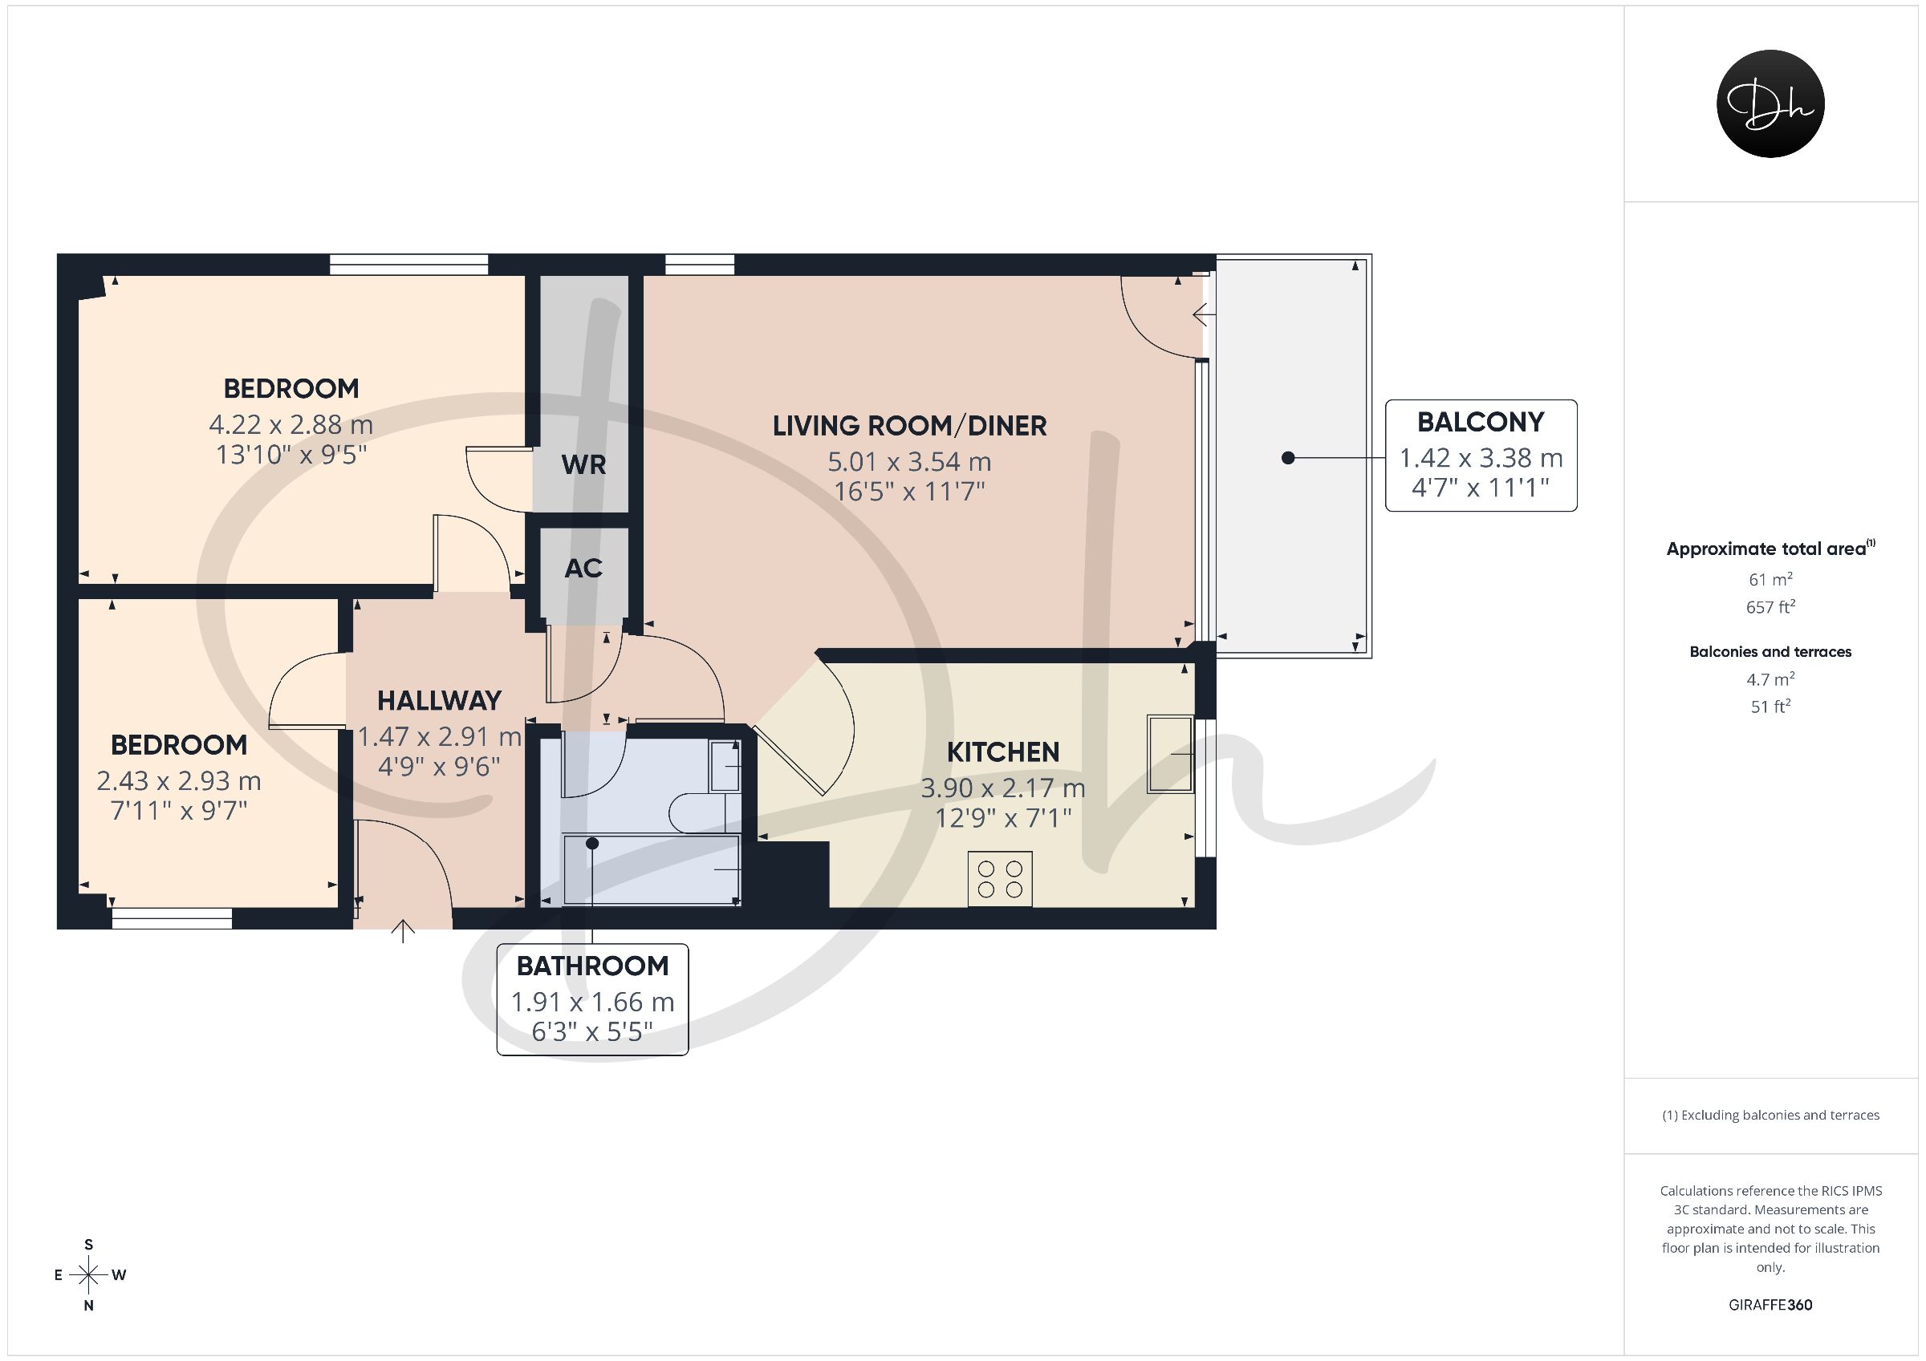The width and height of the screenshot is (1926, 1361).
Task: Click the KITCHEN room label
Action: [x=1002, y=752]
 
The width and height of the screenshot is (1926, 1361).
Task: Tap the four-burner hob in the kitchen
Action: [x=1000, y=879]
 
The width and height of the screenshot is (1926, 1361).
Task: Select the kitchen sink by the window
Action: [x=1170, y=754]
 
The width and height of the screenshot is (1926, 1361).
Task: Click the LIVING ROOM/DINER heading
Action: [x=909, y=426]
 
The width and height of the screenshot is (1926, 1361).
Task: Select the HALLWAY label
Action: [x=439, y=700]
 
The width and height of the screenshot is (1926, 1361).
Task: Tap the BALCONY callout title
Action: [x=1481, y=422]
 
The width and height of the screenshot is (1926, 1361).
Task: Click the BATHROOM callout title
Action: [x=592, y=966]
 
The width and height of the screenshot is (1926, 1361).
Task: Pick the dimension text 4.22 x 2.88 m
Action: [x=291, y=424]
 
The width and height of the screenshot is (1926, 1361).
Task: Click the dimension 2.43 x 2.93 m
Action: [x=179, y=780]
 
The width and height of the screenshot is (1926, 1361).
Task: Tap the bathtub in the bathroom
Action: [x=652, y=870]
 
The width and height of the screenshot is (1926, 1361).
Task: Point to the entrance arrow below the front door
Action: [x=404, y=931]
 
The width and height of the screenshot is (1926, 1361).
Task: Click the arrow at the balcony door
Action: [x=1205, y=315]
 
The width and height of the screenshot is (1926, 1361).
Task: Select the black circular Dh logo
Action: [x=1770, y=104]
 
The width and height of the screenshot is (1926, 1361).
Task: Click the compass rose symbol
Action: [x=89, y=1275]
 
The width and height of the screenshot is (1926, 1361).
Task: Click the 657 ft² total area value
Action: [x=1770, y=606]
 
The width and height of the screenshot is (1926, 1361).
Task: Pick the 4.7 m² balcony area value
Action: [x=1770, y=678]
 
